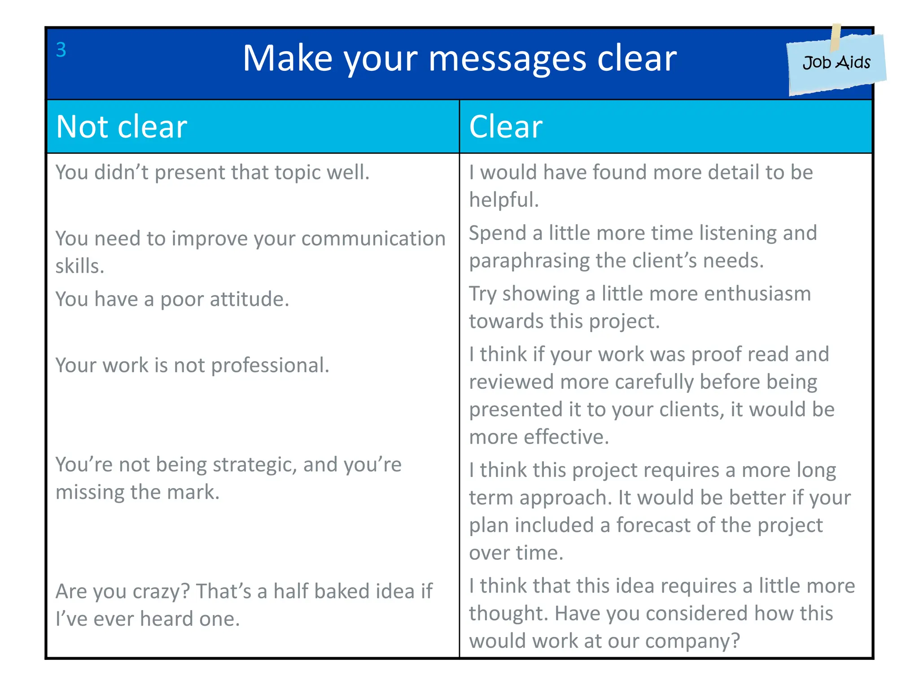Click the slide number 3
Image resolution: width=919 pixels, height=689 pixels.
(x=61, y=50)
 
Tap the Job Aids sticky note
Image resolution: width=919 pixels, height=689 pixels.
(x=836, y=63)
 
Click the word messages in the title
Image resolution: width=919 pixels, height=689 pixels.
(x=507, y=59)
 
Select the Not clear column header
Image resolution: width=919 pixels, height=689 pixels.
(x=122, y=127)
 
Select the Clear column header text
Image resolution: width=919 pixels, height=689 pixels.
(x=506, y=127)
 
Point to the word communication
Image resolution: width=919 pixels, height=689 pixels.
(x=373, y=239)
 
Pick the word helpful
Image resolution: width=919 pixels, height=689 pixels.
(x=503, y=200)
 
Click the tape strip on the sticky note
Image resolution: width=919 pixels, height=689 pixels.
(x=835, y=37)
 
